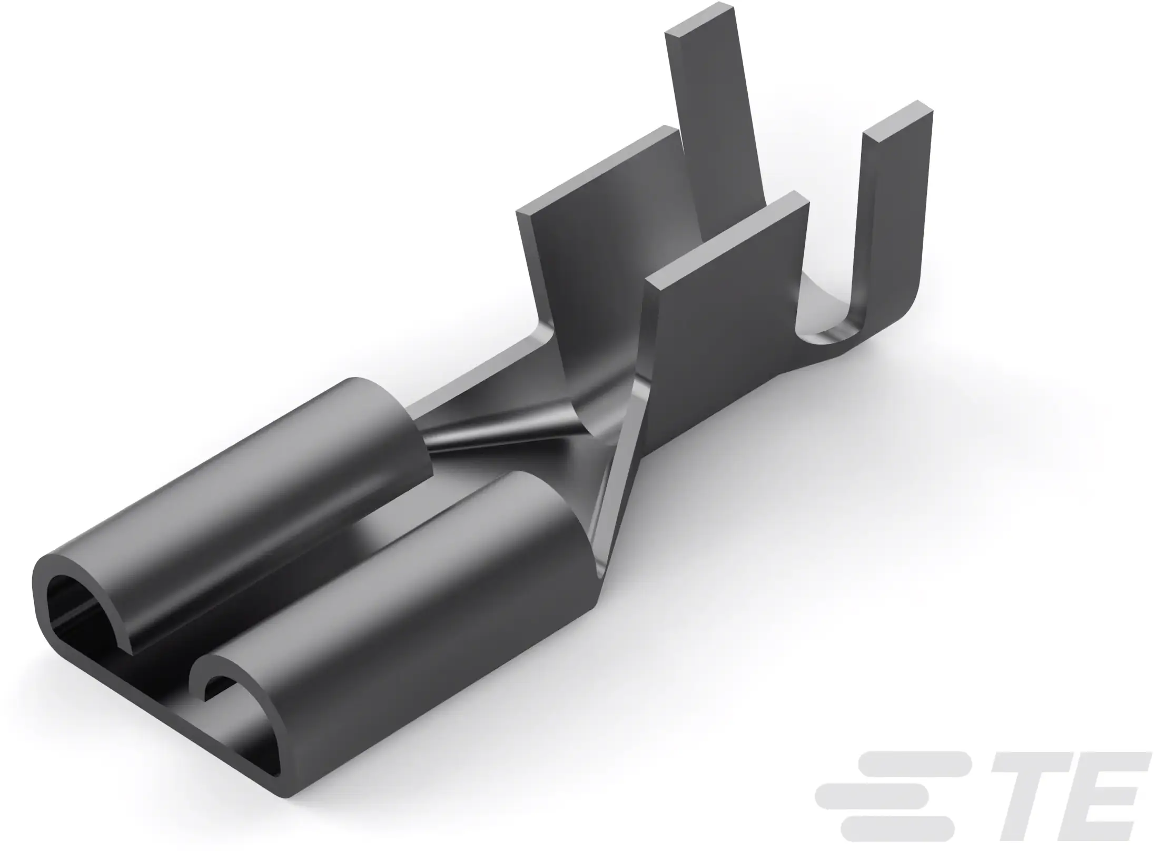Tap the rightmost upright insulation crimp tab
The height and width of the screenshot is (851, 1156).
tap(895, 211)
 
